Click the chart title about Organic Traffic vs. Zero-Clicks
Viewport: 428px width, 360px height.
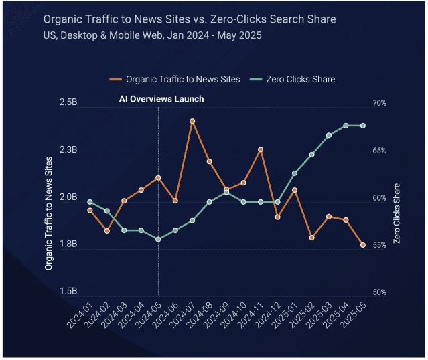tap(190, 19)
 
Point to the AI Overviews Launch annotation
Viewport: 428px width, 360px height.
tap(161, 99)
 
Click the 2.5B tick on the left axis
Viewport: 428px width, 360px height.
tap(69, 104)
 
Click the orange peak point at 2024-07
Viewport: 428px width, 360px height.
tap(192, 121)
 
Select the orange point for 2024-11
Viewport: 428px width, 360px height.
tap(261, 149)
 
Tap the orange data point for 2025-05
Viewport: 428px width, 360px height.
tap(363, 245)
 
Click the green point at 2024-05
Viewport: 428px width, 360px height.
tap(158, 239)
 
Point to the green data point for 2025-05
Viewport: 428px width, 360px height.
tap(363, 125)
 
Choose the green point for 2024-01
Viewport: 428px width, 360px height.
tap(90, 201)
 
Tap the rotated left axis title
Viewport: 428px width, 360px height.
tap(48, 213)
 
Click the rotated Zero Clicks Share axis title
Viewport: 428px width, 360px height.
tap(397, 213)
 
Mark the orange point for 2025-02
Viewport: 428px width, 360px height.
tap(311, 237)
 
